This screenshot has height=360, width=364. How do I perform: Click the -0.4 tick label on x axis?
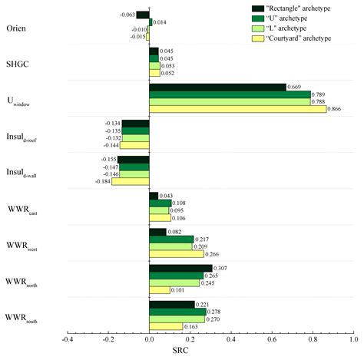[x=67, y=338]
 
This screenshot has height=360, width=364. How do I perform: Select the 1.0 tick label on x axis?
[x=353, y=338]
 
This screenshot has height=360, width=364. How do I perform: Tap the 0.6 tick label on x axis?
[x=271, y=338]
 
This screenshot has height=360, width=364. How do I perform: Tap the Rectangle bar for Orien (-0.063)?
[x=142, y=15]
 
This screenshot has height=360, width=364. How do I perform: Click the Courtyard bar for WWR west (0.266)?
[x=176, y=254]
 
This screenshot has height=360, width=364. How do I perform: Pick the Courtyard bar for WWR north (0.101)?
[x=159, y=290]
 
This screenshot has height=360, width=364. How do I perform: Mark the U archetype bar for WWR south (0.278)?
[x=177, y=312]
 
